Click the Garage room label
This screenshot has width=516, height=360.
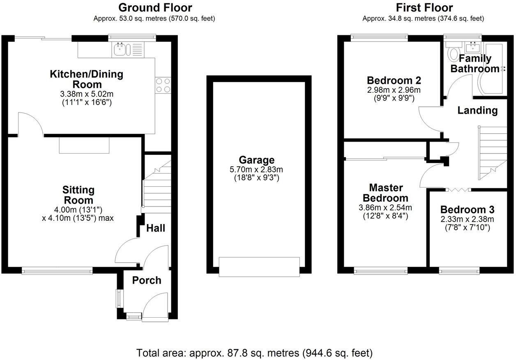click(x=258, y=160)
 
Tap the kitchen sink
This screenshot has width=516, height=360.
click(x=121, y=50)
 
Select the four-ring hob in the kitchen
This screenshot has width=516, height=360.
click(x=162, y=85)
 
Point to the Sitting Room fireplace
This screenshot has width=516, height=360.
click(x=84, y=145)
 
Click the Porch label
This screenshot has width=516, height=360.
click(x=147, y=280)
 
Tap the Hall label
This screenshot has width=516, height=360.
click(x=156, y=228)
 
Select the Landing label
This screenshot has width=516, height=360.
click(x=477, y=110)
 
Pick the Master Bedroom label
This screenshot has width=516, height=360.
click(x=385, y=193)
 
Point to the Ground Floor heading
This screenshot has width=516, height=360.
click(x=155, y=7)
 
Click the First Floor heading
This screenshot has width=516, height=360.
click(x=424, y=7)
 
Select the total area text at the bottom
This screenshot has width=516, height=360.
click(x=255, y=352)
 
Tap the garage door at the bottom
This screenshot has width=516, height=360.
click(x=259, y=266)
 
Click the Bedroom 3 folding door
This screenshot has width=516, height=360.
click(x=458, y=189)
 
